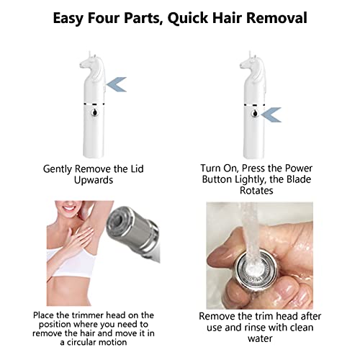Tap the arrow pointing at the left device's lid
tap(117, 86)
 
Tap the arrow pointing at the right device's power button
tap(272, 114)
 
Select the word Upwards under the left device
tap(94, 180)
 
